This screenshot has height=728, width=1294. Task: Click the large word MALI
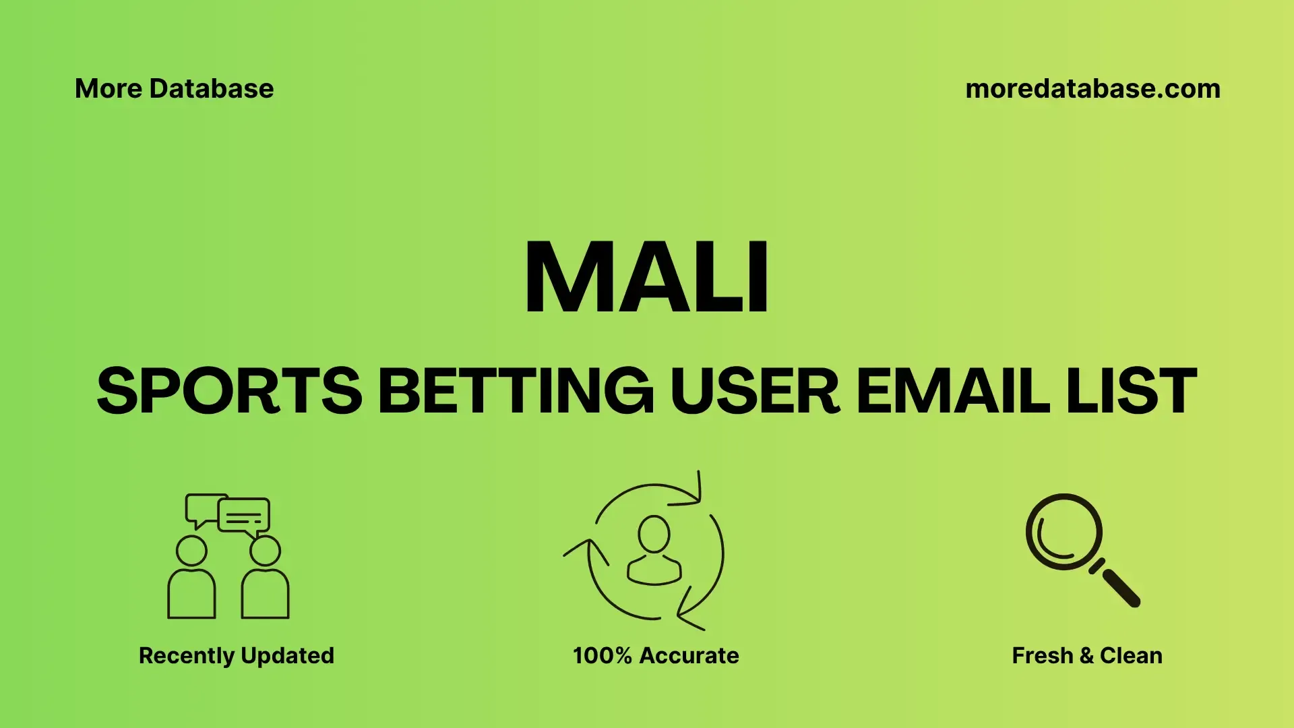click(x=646, y=277)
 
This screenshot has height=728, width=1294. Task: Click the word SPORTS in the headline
click(x=230, y=390)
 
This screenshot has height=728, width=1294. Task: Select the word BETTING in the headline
click(x=516, y=390)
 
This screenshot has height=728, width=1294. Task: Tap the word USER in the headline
click(x=755, y=390)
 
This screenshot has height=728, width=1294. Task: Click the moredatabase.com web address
click(x=1092, y=89)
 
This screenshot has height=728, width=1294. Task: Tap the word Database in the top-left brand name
click(x=212, y=89)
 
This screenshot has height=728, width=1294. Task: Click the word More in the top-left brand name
click(x=108, y=89)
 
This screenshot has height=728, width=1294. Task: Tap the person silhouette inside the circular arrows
click(x=654, y=550)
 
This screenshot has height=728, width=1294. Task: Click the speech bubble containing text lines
click(x=244, y=516)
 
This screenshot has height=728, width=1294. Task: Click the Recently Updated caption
click(x=237, y=656)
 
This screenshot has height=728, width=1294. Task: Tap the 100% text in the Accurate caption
click(x=603, y=656)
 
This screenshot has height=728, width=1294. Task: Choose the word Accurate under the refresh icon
click(x=689, y=656)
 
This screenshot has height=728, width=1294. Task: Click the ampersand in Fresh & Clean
click(x=1086, y=656)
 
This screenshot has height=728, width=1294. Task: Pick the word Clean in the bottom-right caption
click(x=1132, y=656)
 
